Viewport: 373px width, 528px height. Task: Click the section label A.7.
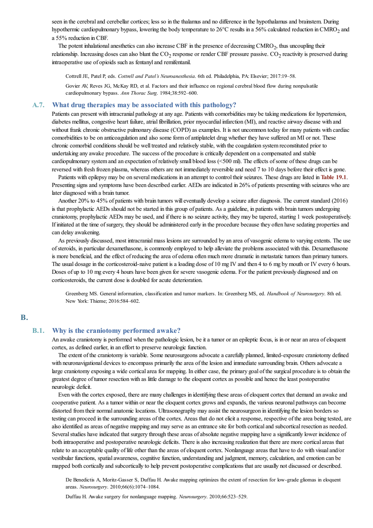[x=38, y=105]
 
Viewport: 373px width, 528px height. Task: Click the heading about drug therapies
[x=144, y=105]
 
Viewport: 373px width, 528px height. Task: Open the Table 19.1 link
[x=333, y=177]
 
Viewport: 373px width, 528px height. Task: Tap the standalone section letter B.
[x=24, y=317]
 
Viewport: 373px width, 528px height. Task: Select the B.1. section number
[x=38, y=330]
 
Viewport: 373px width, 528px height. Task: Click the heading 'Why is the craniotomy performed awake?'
[x=116, y=330]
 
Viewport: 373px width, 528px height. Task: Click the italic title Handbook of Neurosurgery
[x=296, y=294]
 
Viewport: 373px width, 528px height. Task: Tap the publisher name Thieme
[x=98, y=301]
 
